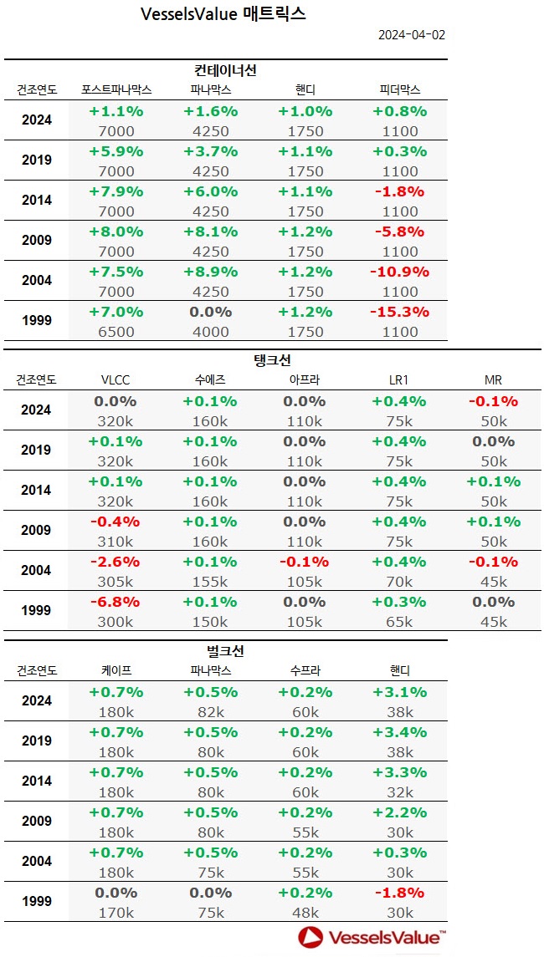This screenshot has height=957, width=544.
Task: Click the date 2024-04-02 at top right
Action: coord(411,35)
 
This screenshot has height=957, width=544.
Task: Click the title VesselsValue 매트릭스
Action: coord(223,14)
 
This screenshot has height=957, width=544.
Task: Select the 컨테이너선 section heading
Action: coord(225,70)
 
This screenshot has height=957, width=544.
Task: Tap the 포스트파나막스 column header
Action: coord(115,89)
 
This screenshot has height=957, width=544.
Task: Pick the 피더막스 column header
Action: coord(399,89)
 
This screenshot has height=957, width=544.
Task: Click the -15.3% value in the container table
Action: coord(399,312)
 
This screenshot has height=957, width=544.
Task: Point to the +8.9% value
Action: coord(211,272)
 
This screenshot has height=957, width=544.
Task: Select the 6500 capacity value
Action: coord(115,331)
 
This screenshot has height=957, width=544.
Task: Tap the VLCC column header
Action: coord(115,379)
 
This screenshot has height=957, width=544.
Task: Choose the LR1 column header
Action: coord(399,379)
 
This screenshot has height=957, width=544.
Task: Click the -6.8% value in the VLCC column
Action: coord(115,602)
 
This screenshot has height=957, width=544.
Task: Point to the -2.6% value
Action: coord(115,562)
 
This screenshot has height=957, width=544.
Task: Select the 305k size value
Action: coord(115,582)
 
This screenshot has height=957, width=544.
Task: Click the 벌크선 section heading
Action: coord(225,651)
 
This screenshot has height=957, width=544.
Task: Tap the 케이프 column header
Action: coord(115,670)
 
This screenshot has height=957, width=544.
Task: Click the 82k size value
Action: coord(211,712)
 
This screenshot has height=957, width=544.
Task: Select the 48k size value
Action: coord(305,913)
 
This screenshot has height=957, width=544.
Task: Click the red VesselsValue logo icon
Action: coord(311,938)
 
